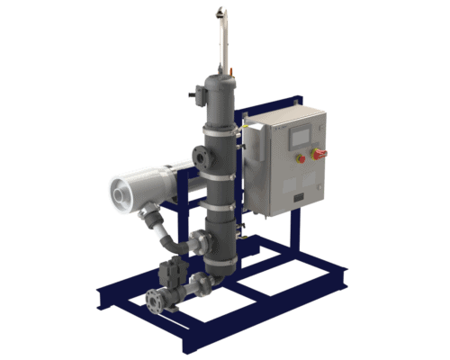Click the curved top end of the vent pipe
pos(220,12)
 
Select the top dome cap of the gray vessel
pos(219,83)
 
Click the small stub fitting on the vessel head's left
pos(193,93)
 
